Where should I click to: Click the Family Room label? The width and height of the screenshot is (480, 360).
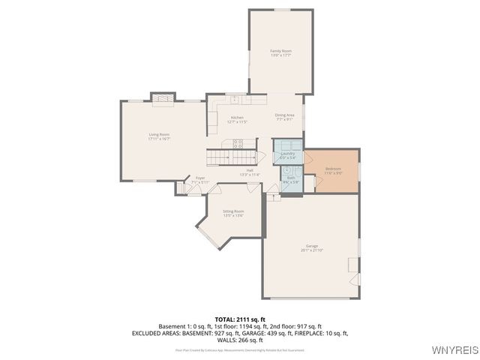280,50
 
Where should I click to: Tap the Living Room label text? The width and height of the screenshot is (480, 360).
159,134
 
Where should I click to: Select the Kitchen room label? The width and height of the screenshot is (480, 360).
237,118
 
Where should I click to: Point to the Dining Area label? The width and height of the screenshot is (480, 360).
284,115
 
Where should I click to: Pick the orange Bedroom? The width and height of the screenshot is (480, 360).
332,170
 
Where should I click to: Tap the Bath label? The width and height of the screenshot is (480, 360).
290,178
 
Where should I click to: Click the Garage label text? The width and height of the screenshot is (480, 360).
311,246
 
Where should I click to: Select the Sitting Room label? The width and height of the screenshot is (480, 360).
233,211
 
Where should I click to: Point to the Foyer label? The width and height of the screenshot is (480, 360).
200,178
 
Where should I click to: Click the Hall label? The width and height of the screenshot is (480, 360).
248,170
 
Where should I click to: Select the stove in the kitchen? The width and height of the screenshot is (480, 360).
238,142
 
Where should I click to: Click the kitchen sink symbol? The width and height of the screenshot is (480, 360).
235,99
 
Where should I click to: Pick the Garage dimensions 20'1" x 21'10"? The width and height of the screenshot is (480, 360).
311,250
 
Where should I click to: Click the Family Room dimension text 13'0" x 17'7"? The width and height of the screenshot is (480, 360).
280,55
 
